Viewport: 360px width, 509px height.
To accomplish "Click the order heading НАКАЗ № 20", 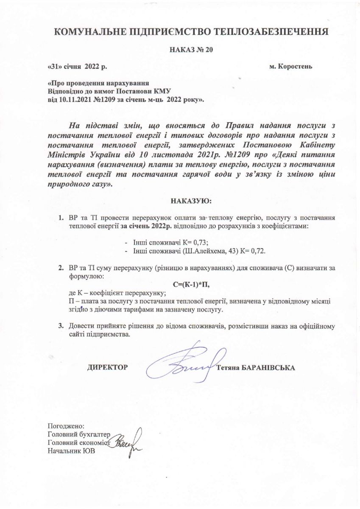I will [191, 50].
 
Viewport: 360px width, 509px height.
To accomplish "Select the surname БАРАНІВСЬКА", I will [268, 367].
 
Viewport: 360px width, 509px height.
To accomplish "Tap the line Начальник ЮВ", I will [71, 451].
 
